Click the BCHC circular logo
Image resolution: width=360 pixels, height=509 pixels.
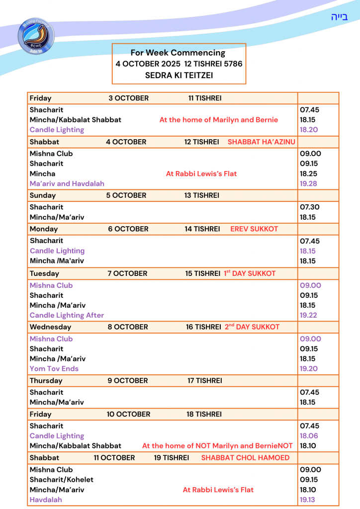click(x=36, y=36)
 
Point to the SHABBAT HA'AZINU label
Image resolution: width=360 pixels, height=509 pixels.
click(x=262, y=142)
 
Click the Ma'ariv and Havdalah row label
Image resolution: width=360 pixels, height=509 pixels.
click(x=67, y=183)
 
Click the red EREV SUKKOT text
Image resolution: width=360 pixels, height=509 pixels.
click(x=254, y=229)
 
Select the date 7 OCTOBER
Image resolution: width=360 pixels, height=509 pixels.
click(x=127, y=273)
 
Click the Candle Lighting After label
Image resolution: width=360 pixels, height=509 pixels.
click(x=67, y=315)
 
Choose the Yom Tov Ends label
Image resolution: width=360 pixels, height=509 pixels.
click(x=54, y=369)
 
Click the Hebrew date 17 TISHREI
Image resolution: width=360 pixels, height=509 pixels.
click(x=204, y=381)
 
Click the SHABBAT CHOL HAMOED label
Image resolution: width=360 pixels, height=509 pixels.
click(x=245, y=458)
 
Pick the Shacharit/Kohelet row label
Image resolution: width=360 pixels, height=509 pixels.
click(x=61, y=480)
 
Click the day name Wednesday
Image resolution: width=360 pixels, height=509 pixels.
click(x=50, y=327)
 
